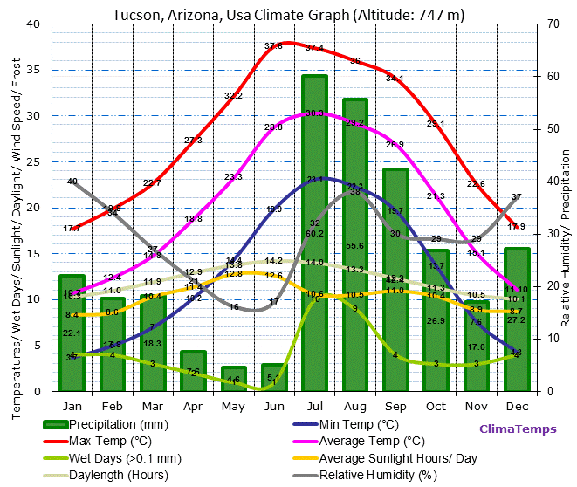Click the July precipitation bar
[x=314, y=262]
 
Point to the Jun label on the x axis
[x=273, y=406]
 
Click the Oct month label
[x=436, y=406]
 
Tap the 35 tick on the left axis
[x=35, y=70]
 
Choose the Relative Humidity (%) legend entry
[x=377, y=476]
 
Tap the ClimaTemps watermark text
[x=516, y=429]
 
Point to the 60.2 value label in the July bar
[x=314, y=233]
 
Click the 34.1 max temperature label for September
[x=395, y=78]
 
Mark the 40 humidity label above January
[x=72, y=182]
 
